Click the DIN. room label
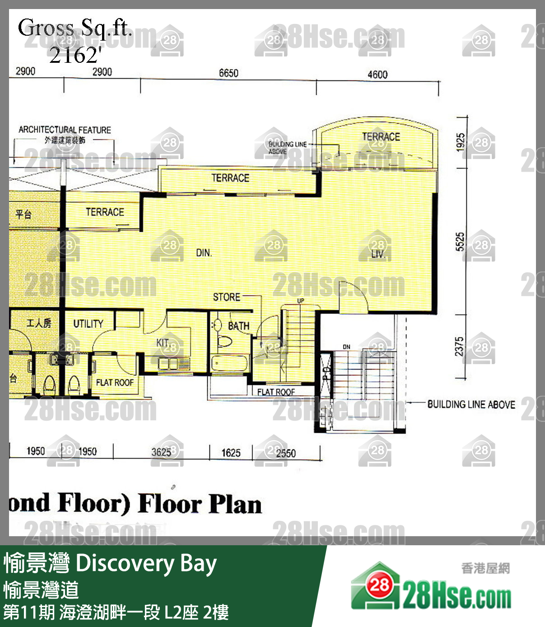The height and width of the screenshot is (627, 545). [204, 253]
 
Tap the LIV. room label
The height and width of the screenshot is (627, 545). [378, 254]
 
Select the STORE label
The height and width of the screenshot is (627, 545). [227, 297]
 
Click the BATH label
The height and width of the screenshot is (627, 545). [238, 326]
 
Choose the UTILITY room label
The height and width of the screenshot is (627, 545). [89, 323]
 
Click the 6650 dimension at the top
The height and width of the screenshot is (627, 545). [228, 73]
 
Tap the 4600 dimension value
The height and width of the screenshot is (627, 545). [377, 75]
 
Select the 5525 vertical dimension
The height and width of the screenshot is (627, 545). [460, 242]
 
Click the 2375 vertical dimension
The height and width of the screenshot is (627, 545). [459, 346]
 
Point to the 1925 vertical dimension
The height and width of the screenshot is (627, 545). [461, 142]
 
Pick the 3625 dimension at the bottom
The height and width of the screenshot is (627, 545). [161, 452]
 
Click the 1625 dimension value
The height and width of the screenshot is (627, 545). [231, 453]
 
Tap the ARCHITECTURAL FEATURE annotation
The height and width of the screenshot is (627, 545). [65, 130]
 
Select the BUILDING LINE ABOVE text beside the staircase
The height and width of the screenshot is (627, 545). [471, 405]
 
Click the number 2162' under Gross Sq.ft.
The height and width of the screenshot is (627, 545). [75, 55]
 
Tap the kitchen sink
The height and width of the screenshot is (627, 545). [168, 363]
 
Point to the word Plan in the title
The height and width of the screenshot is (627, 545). [236, 505]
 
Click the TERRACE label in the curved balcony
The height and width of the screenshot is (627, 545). [381, 137]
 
